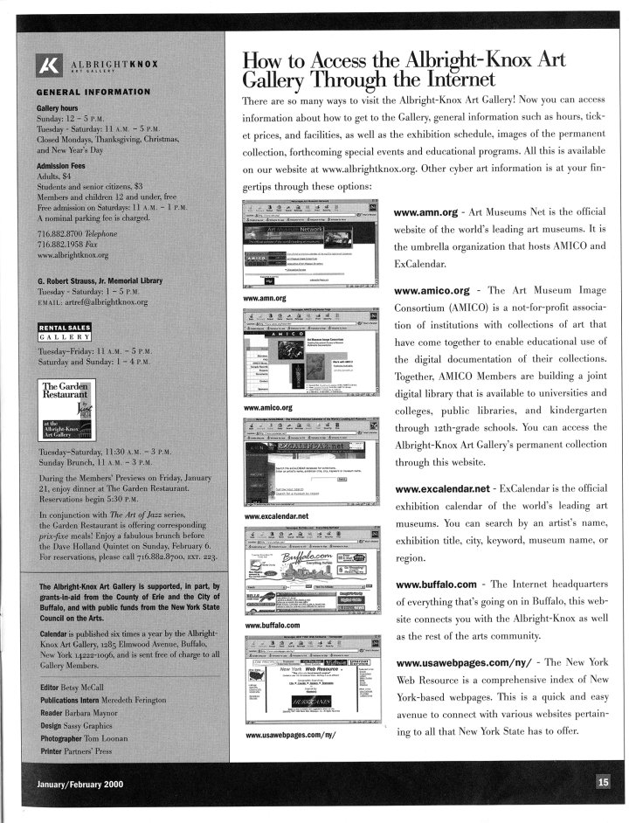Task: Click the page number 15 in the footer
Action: pos(604,781)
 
